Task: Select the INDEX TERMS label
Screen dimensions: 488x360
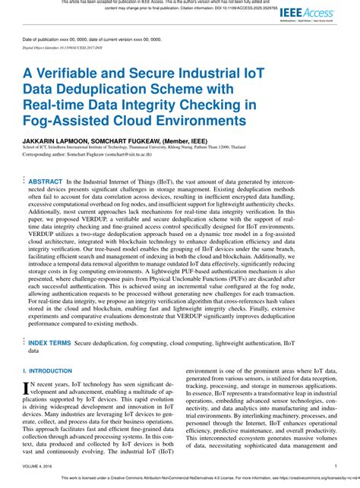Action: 49,343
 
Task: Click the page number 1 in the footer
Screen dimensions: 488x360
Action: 335,467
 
